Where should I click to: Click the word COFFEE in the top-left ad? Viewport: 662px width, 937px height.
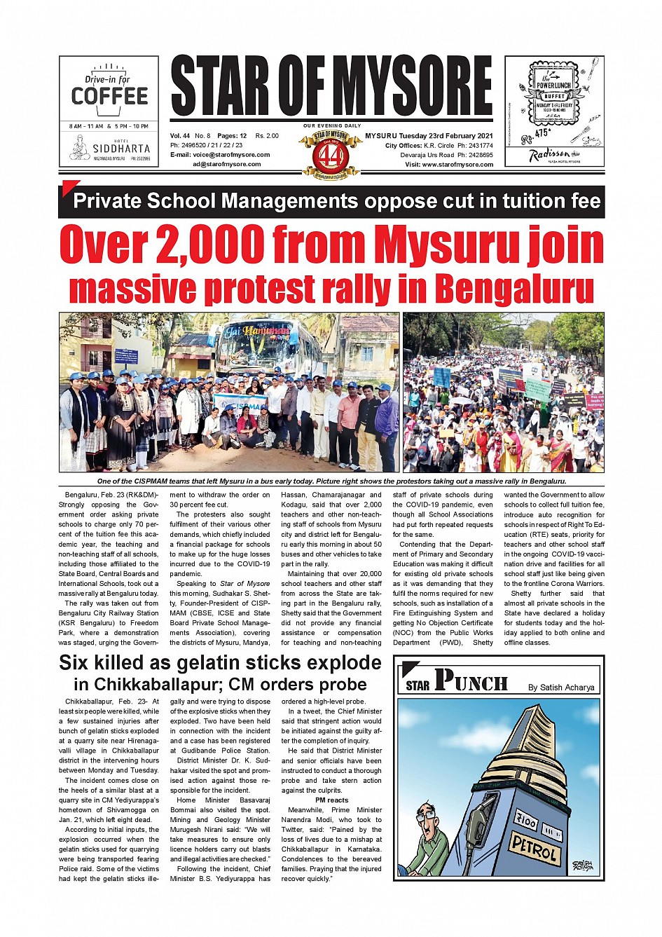109,96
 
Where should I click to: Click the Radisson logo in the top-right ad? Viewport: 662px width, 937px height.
549,155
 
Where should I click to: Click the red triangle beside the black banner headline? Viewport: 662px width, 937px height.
67,186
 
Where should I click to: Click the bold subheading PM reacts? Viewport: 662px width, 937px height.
331,800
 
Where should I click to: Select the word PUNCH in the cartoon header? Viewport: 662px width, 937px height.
471,681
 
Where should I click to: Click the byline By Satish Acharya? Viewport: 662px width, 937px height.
561,688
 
